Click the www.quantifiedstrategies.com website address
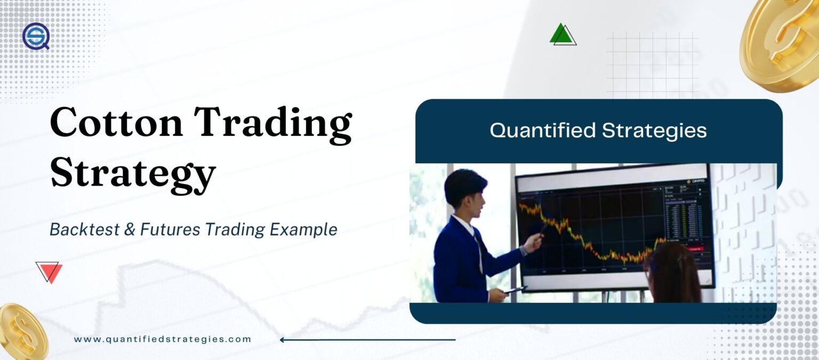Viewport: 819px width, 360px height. tap(162, 339)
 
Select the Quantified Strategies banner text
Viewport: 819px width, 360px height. tap(598, 131)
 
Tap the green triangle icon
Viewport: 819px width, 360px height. tap(561, 34)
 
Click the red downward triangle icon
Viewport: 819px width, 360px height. tap(50, 272)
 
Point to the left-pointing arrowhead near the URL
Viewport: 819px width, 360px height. tap(283, 340)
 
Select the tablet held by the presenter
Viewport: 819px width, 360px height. tap(515, 289)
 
